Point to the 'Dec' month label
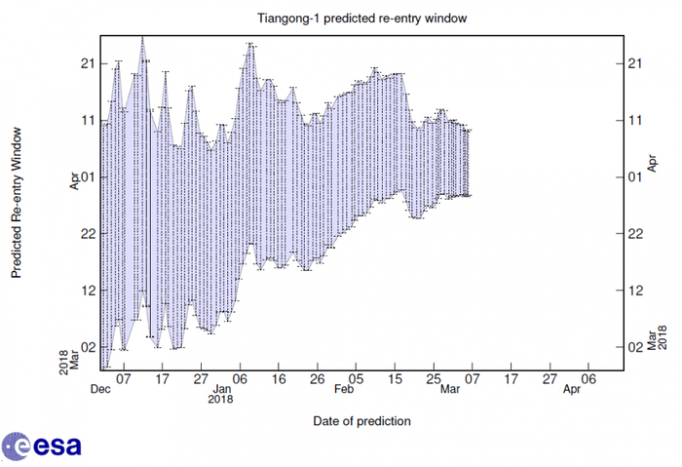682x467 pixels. (x=99, y=388)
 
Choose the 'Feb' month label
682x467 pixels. (x=344, y=388)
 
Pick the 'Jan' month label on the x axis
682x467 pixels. (x=220, y=388)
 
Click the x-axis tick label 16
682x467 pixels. (x=279, y=377)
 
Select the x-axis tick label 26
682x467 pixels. (x=317, y=377)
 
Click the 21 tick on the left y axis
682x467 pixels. (x=87, y=63)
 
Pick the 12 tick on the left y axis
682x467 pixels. (x=87, y=290)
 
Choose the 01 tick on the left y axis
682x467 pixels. (x=87, y=176)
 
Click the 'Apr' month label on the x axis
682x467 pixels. (x=573, y=388)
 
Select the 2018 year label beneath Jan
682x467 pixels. (x=220, y=399)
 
